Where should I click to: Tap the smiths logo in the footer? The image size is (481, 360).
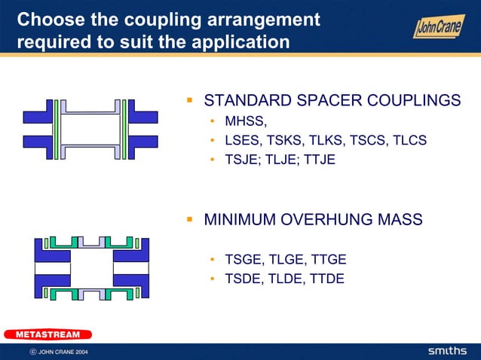click(x=447, y=351)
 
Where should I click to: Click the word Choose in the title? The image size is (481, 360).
click(x=47, y=19)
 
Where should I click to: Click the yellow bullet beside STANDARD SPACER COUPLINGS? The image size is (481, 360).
click(x=191, y=100)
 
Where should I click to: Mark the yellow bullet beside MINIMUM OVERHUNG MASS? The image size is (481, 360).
click(x=191, y=220)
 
